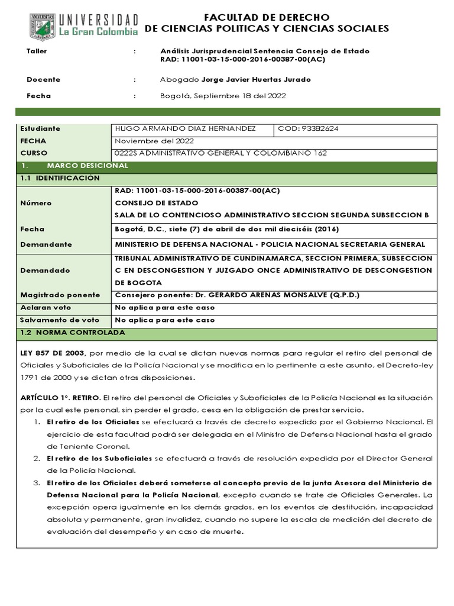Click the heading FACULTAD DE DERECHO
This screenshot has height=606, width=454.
coord(267,17)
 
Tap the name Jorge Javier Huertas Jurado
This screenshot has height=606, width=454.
coord(256,79)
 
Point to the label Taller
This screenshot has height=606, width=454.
coord(37,51)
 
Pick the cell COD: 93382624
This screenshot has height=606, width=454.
coord(307,128)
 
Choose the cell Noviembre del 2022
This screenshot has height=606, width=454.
coord(153,141)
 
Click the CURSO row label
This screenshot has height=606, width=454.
coord(33,153)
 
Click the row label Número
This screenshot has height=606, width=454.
coord(35,203)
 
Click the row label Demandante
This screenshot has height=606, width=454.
coord(46,244)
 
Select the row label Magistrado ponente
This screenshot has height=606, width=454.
coord(60,295)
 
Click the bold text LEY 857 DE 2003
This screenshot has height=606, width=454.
coord(53,353)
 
